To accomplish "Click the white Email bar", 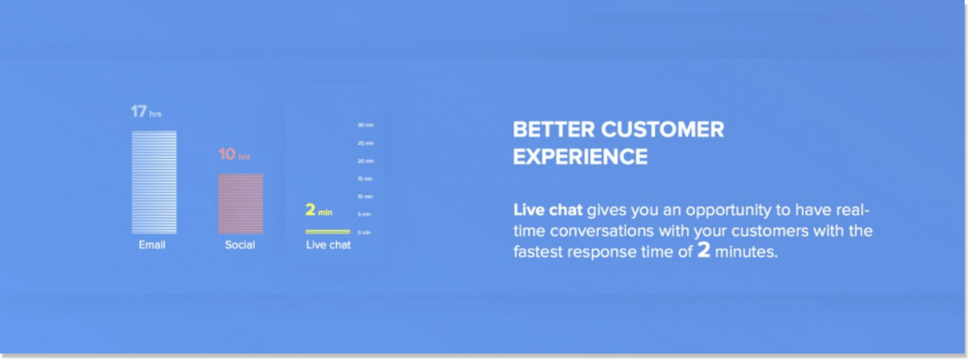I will point(154,182).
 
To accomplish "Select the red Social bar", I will point(240,203).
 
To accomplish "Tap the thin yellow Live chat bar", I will point(328,232).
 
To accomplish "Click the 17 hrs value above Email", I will point(146,112).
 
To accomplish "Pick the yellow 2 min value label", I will point(319,211).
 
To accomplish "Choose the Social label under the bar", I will point(240,245).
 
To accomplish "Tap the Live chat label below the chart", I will point(328,245).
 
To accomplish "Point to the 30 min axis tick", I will point(365,125).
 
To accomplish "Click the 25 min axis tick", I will point(365,143).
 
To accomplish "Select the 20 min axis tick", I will point(365,161).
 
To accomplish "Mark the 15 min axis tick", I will point(365,178).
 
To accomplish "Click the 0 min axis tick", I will point(365,232).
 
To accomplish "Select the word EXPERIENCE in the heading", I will point(580,157).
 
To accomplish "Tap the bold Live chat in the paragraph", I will point(547,211).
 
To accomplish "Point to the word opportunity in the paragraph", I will point(713,211).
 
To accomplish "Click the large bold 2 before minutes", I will point(704,251).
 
